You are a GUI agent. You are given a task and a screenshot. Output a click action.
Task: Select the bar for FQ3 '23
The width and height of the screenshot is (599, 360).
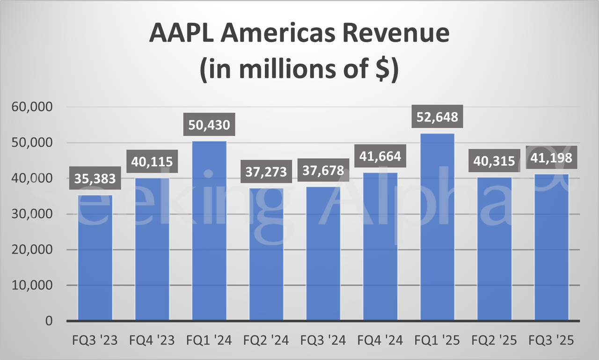coord(95,257)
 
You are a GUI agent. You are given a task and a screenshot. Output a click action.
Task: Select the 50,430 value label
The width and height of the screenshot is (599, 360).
coord(209,127)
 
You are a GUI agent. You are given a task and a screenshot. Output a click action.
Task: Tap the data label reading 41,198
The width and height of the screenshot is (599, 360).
coord(551,157)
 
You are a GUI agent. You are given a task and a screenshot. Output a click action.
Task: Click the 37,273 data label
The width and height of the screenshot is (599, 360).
coord(266,171)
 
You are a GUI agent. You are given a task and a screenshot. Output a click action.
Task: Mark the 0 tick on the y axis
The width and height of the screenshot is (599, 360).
coord(49,321)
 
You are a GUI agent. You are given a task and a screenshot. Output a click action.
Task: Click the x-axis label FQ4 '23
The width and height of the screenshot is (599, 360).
coord(152,340)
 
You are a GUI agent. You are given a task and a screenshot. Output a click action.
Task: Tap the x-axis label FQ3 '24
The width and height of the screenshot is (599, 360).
coord(323,340)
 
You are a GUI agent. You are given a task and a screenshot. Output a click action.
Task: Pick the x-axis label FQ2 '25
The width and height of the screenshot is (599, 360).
coord(494,340)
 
